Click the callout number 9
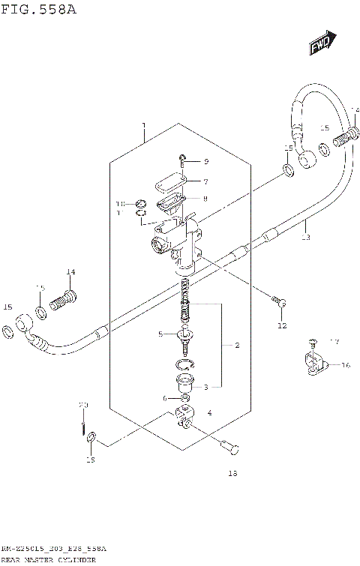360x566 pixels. (205, 162)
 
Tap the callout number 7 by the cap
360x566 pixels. (205, 181)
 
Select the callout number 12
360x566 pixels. (281, 325)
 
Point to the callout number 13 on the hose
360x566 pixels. (305, 237)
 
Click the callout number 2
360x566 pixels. (237, 346)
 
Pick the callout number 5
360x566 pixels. (160, 334)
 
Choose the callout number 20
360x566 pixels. (84, 406)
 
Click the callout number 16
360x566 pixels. (346, 365)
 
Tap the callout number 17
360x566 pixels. (334, 343)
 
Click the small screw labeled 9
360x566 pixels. (182, 159)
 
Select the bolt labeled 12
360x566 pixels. (280, 302)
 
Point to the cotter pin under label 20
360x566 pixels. (83, 427)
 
